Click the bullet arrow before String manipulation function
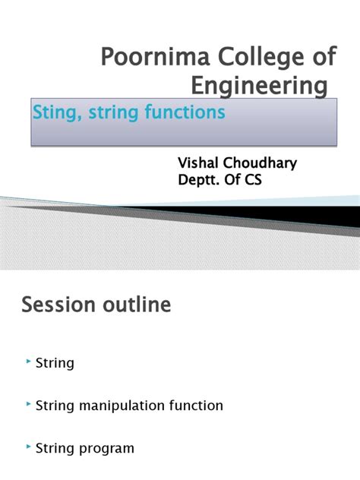click(x=29, y=406)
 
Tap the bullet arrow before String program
click(x=29, y=448)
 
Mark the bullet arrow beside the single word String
click(x=29, y=362)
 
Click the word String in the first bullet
click(x=55, y=363)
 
